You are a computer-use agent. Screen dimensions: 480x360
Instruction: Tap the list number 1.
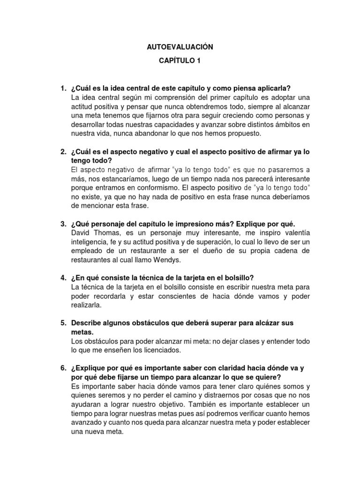[63, 89]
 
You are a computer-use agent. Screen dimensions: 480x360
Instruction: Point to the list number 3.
[63, 224]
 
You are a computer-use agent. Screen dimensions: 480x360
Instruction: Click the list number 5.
[63, 323]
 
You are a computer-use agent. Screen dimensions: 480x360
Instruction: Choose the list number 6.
[63, 368]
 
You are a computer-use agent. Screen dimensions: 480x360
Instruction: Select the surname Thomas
[107, 233]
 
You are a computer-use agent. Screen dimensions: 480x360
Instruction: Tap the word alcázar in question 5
[264, 323]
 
